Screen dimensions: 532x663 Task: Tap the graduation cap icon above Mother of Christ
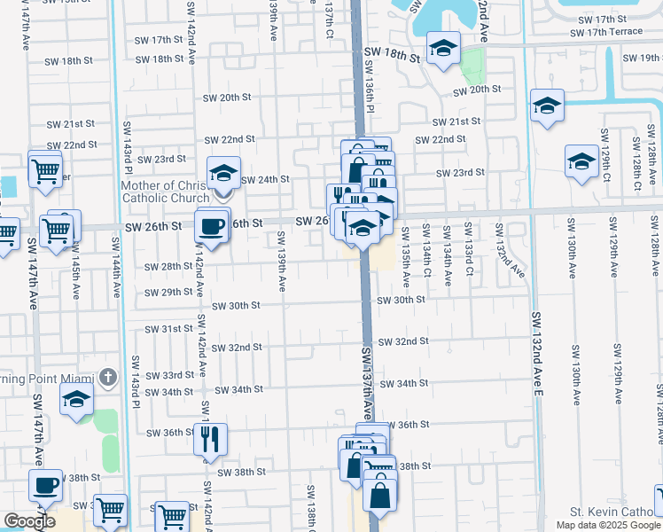tap(224, 172)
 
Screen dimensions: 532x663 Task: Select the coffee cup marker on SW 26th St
tap(213, 226)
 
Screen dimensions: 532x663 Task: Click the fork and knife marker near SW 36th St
tap(210, 438)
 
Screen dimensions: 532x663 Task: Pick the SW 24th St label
tap(265, 179)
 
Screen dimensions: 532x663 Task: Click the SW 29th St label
tap(169, 292)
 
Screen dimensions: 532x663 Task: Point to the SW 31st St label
tap(169, 328)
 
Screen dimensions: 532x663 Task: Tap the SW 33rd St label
tap(169, 375)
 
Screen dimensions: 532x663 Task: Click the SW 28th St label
tap(169, 266)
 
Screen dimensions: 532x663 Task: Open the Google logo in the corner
tap(29, 522)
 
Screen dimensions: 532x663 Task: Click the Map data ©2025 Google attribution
tap(608, 525)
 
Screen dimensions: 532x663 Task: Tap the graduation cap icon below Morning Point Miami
tap(77, 400)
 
